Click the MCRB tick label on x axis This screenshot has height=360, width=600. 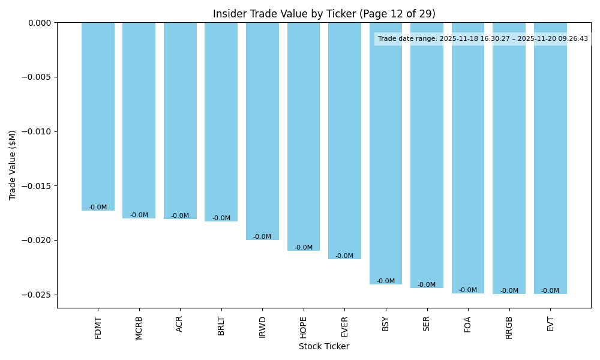139,328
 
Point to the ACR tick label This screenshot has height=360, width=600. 180,324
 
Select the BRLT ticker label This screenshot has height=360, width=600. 221,326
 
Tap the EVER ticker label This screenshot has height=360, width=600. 344,326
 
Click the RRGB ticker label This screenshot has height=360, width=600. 509,328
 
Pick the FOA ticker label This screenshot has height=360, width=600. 468,324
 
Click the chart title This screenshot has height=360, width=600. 324,14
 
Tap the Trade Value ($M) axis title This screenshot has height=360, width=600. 13,165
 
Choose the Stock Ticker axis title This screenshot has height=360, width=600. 324,346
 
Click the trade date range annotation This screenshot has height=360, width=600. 483,39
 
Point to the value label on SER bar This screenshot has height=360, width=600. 427,285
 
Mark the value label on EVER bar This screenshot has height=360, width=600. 344,256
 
